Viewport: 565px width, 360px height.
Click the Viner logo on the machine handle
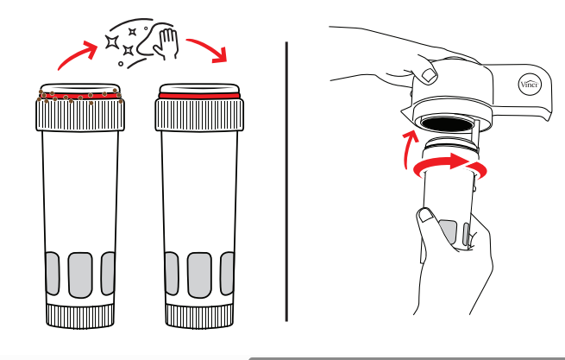pyautogui.click(x=530, y=85)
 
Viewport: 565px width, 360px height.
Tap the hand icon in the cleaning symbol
pyautogui.click(x=166, y=43)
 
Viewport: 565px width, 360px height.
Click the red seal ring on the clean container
pyautogui.click(x=199, y=96)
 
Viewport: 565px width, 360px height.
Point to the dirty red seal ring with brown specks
pyautogui.click(x=80, y=97)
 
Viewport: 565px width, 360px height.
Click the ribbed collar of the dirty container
pyautogui.click(x=80, y=115)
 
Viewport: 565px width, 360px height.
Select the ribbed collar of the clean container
pyautogui.click(x=199, y=115)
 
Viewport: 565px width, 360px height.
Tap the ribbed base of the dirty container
pyautogui.click(x=80, y=316)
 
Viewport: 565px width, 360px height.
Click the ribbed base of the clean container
pyautogui.click(x=199, y=316)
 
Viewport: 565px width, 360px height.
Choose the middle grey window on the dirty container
pyautogui.click(x=80, y=275)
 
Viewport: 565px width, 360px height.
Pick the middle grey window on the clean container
pyautogui.click(x=199, y=275)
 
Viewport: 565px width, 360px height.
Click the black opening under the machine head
pyautogui.click(x=447, y=124)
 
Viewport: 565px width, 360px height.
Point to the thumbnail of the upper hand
pyautogui.click(x=430, y=75)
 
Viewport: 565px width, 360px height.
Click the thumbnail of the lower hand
pyautogui.click(x=427, y=216)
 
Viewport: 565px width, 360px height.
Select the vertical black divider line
pyautogui.click(x=286, y=181)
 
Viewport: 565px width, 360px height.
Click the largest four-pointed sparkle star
pyautogui.click(x=112, y=42)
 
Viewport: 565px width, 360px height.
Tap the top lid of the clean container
pyautogui.click(x=199, y=88)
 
